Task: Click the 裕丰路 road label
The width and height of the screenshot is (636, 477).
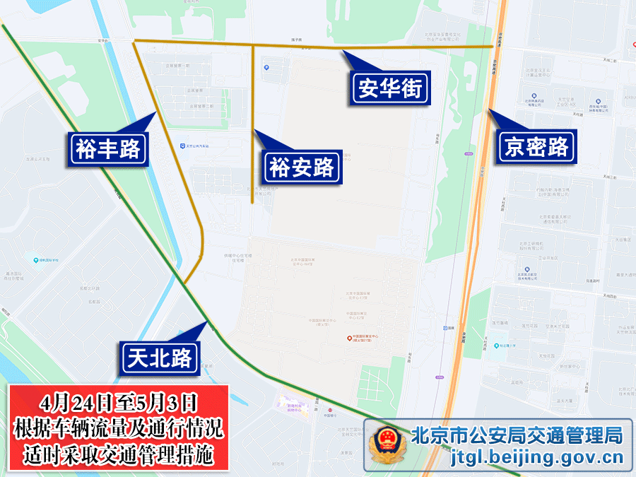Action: [108, 150]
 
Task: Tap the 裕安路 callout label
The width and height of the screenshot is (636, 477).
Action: [301, 168]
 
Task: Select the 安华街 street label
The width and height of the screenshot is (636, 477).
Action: [390, 89]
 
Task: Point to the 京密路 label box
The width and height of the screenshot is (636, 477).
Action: [536, 146]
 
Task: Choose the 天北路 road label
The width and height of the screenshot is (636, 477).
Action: [160, 358]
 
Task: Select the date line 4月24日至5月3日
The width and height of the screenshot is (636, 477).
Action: [118, 404]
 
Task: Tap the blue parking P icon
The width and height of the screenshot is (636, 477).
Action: [266, 68]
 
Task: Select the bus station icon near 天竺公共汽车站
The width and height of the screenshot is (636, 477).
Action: [183, 146]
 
